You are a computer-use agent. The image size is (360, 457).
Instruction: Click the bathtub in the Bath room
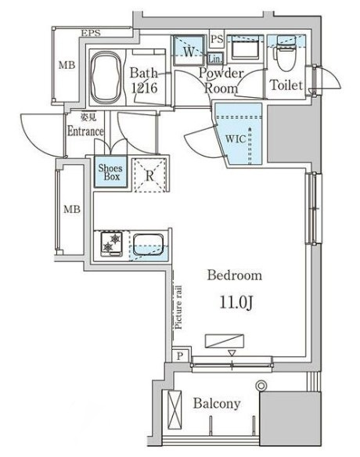[106, 77]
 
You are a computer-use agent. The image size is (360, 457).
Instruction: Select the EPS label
[91, 33]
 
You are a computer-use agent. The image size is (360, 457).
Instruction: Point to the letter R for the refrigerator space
[149, 176]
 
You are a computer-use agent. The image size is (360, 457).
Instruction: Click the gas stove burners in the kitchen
[111, 243]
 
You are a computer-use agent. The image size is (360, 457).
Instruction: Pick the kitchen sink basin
[148, 244]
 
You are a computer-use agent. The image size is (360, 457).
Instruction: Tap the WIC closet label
[236, 139]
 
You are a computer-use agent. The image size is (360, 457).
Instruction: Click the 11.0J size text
[236, 303]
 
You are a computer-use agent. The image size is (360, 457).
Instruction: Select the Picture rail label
[178, 308]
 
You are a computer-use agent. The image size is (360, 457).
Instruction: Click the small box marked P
[180, 355]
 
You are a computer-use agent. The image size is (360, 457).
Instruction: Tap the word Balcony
[217, 404]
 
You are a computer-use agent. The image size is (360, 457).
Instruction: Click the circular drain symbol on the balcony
[261, 386]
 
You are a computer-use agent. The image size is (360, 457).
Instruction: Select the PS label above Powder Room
[217, 39]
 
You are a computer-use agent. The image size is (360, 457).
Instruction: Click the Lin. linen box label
[215, 59]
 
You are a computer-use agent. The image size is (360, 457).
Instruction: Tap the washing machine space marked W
[189, 52]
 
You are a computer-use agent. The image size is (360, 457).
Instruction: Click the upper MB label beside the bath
[67, 65]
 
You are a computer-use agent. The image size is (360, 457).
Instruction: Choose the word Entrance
[85, 131]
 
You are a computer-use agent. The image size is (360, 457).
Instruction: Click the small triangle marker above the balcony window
[232, 353]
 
